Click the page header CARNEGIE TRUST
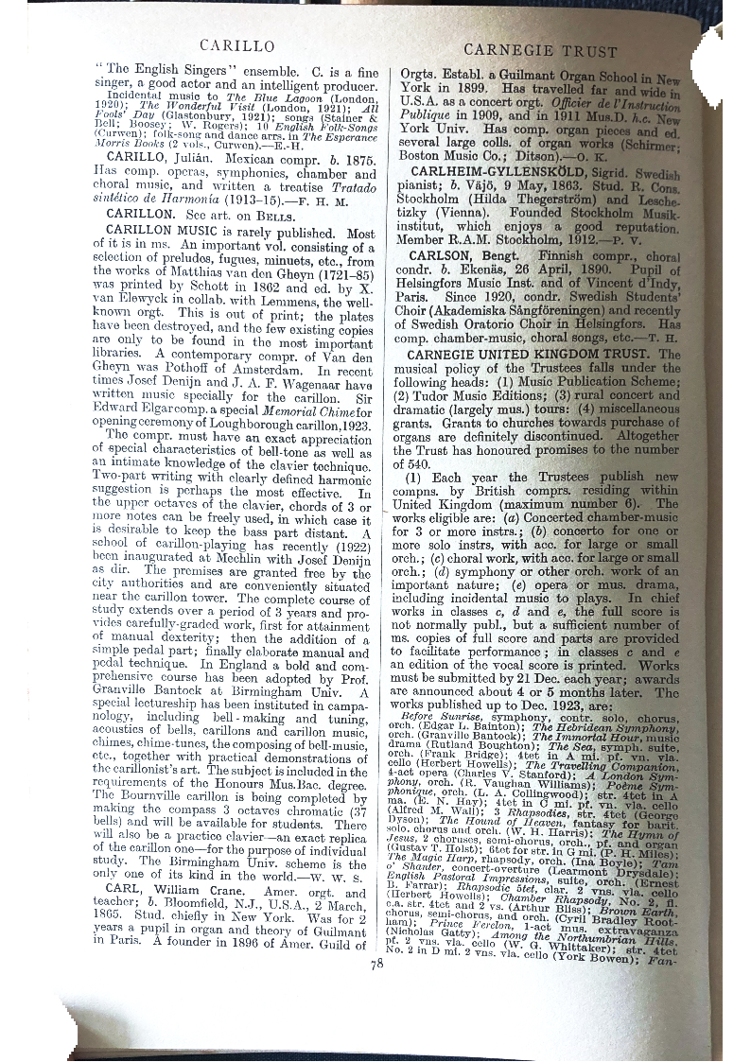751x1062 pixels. click(540, 51)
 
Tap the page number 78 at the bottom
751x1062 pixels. click(376, 964)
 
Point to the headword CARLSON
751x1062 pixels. click(437, 256)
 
